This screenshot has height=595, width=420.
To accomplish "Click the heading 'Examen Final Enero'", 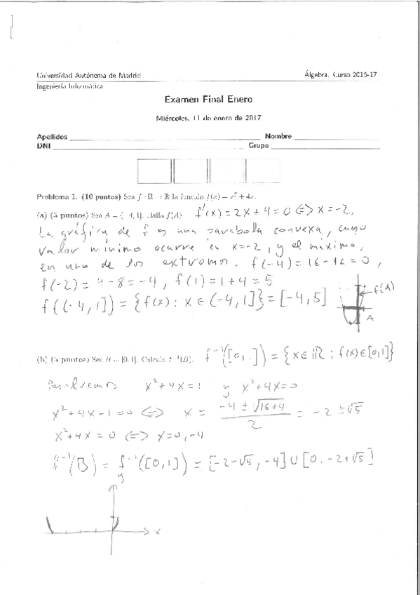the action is click(x=210, y=101).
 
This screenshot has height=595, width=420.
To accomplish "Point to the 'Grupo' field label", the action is click(x=259, y=146).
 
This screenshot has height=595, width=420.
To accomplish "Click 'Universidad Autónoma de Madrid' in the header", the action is click(x=88, y=74).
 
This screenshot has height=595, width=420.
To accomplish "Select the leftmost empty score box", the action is click(x=154, y=172).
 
